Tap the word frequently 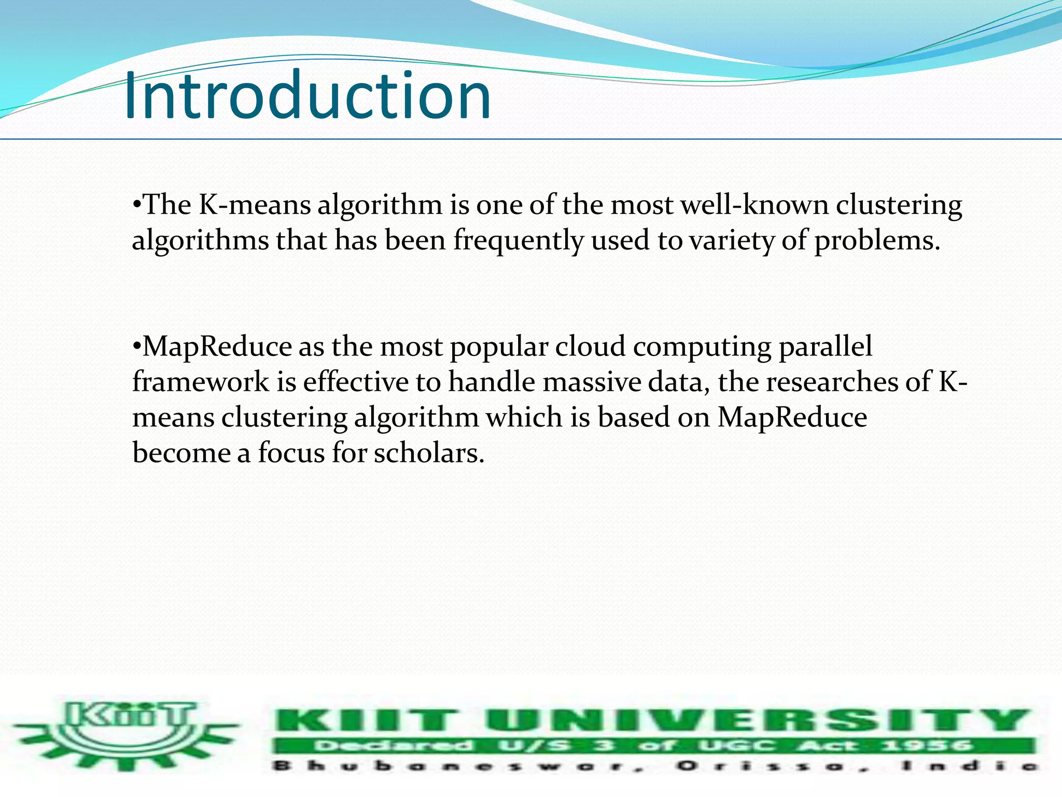point(519,241)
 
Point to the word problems point(876,241)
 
